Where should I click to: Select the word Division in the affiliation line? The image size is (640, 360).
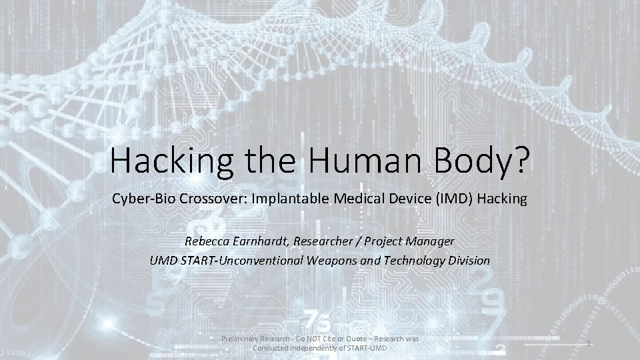pyautogui.click(x=467, y=260)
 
